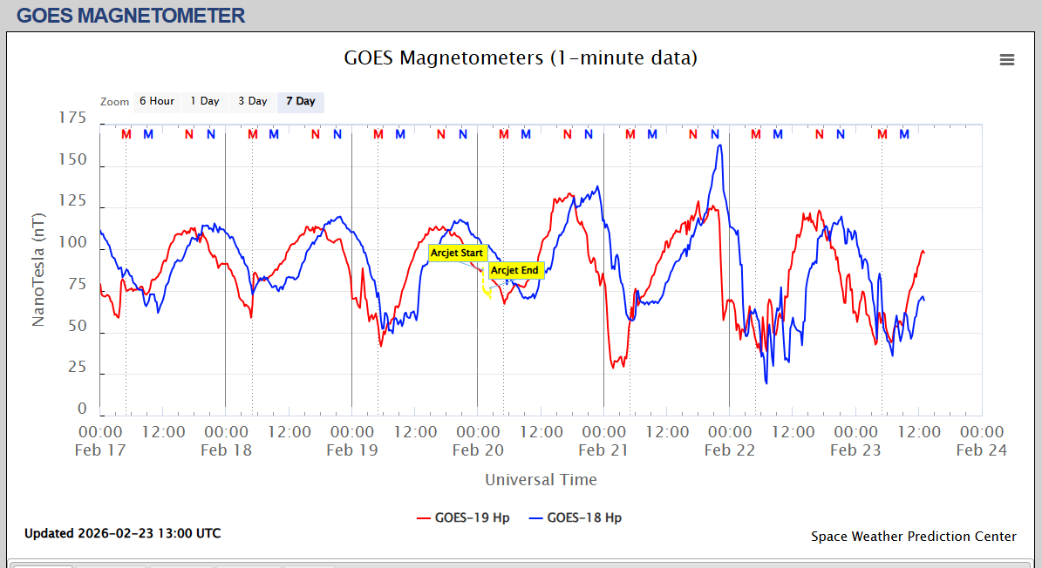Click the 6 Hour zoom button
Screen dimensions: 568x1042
(157, 101)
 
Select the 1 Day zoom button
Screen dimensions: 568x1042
(205, 101)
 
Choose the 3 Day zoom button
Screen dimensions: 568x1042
(253, 101)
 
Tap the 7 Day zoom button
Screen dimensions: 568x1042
(301, 101)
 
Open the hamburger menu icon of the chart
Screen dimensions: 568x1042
(1007, 59)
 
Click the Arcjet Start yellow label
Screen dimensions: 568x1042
(457, 253)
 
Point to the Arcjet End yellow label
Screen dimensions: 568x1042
(514, 270)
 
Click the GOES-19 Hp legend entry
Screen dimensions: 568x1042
(463, 517)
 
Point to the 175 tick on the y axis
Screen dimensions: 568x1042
(72, 118)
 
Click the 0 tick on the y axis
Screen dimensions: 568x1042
(82, 409)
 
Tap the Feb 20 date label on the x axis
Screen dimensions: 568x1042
(478, 450)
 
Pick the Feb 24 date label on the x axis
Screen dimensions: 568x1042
(982, 450)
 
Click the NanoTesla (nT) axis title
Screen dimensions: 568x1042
(38, 267)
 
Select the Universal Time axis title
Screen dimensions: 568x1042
(541, 479)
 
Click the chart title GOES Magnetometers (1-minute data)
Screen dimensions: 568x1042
(521, 58)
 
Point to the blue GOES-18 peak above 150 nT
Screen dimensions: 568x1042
(719, 145)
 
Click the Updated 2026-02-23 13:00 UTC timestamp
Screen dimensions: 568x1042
(122, 533)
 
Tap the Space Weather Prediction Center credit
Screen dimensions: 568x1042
(913, 537)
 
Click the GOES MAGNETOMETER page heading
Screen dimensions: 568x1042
(131, 15)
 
